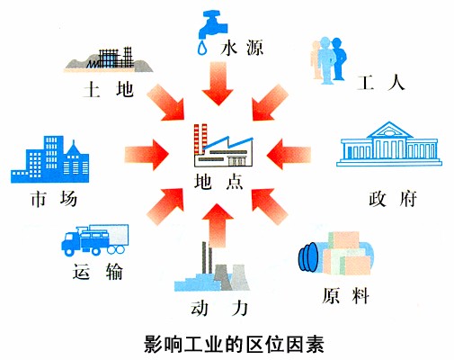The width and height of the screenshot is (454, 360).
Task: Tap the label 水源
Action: coord(242,48)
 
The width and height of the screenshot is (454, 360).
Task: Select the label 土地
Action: coord(108,90)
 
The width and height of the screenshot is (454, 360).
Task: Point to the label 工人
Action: coord(381,83)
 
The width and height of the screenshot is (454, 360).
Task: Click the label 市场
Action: coord(54,199)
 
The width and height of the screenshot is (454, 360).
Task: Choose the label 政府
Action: coord(393,199)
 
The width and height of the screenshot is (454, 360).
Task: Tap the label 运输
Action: coord(97,272)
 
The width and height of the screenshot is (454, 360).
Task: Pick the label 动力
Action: coord(219,308)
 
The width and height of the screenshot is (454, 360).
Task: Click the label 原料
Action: coord(345,295)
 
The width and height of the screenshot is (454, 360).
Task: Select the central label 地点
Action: coord(218,182)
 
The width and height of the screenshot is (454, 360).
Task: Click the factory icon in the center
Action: coord(224,145)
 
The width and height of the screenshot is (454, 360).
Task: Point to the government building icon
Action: coord(389,144)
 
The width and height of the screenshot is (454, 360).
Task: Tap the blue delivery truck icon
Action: coord(94,240)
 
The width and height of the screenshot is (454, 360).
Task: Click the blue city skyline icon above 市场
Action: coord(50,159)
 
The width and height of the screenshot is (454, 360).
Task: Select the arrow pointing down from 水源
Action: coord(218,84)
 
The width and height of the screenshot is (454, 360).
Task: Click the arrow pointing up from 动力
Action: coord(218,226)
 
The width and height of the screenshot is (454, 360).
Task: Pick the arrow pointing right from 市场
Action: coord(147,155)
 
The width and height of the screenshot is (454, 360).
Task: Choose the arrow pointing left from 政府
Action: coord(289,154)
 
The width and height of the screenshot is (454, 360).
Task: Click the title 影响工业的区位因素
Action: coord(234,344)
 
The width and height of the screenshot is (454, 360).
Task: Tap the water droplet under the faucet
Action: coord(202,48)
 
